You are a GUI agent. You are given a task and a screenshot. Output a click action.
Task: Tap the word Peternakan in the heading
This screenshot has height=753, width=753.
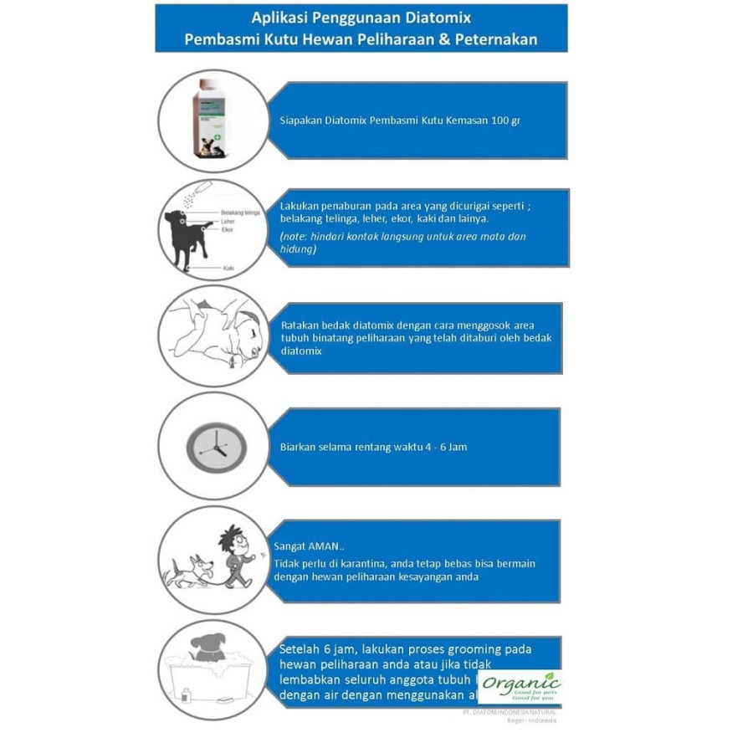click(x=495, y=39)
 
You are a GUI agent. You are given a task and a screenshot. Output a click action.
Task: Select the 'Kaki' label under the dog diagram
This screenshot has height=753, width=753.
click(x=228, y=268)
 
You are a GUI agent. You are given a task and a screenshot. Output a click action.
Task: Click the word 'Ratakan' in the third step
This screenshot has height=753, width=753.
click(x=299, y=325)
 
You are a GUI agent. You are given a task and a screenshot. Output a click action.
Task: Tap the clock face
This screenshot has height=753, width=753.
click(x=216, y=447)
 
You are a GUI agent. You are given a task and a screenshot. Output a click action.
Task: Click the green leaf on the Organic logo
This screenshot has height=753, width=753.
click(x=549, y=675)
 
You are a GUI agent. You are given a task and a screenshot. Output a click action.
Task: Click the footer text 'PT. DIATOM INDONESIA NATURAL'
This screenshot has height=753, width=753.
click(x=509, y=712)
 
